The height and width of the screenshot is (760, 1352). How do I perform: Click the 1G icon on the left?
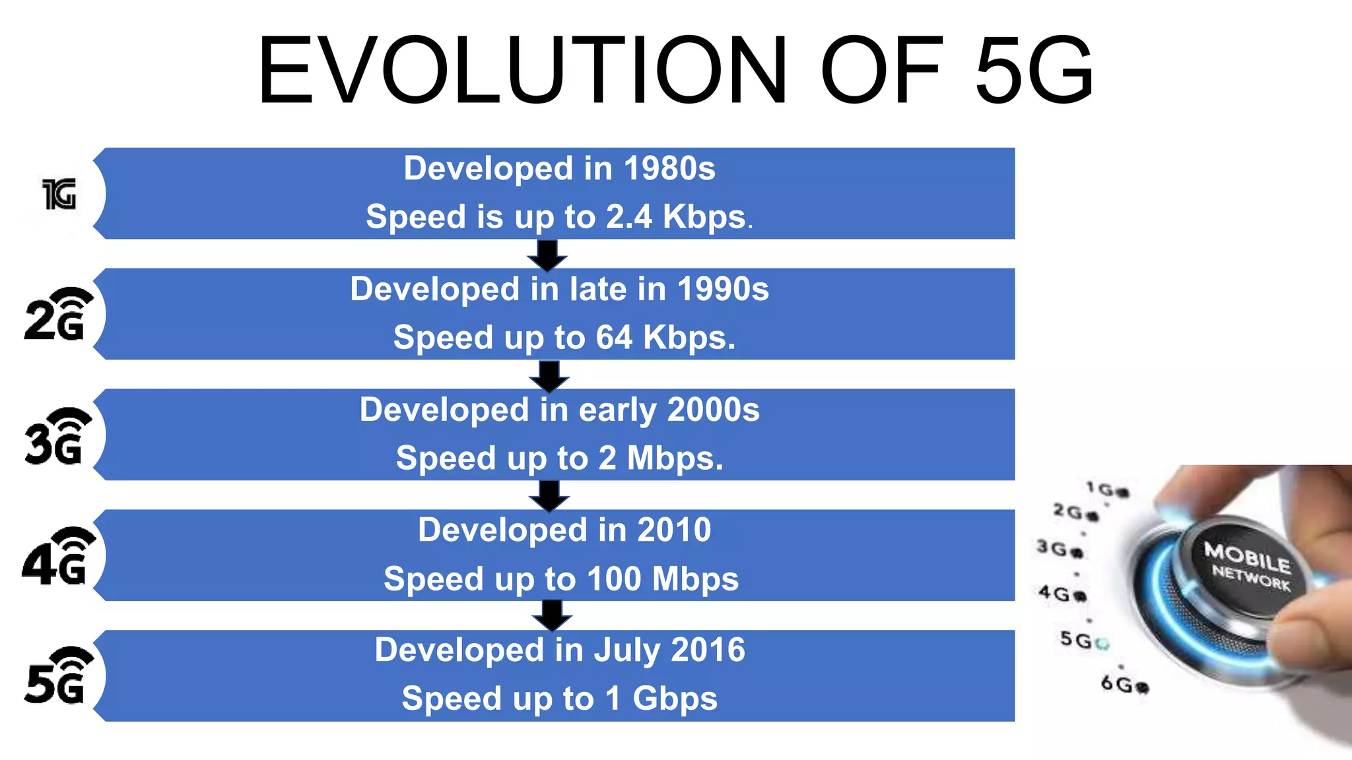[x=59, y=194]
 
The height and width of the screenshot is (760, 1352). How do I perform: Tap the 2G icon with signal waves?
[x=58, y=315]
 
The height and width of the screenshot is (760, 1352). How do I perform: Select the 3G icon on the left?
[x=58, y=436]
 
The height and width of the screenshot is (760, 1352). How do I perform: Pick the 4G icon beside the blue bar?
[x=58, y=557]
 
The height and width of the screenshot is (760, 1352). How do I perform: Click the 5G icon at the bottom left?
[x=58, y=676]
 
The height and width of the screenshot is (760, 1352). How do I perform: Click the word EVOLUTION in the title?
[x=522, y=71]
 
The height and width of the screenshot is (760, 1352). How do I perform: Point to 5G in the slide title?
[x=1033, y=71]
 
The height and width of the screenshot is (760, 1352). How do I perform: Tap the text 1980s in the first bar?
[x=669, y=168]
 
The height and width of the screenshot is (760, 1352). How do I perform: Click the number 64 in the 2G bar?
[x=615, y=338]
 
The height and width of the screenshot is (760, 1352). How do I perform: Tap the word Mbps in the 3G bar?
[x=674, y=459]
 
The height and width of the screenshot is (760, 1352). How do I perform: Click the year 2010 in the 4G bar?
[x=674, y=530]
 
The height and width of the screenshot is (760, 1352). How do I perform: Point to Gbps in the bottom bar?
[x=675, y=699]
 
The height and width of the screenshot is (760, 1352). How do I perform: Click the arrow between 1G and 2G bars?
[x=547, y=255]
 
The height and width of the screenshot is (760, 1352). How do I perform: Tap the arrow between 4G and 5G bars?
[x=552, y=616]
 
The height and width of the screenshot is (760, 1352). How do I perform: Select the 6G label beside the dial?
[x=1117, y=683]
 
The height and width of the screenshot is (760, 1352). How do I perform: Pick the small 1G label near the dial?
[x=1101, y=489]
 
